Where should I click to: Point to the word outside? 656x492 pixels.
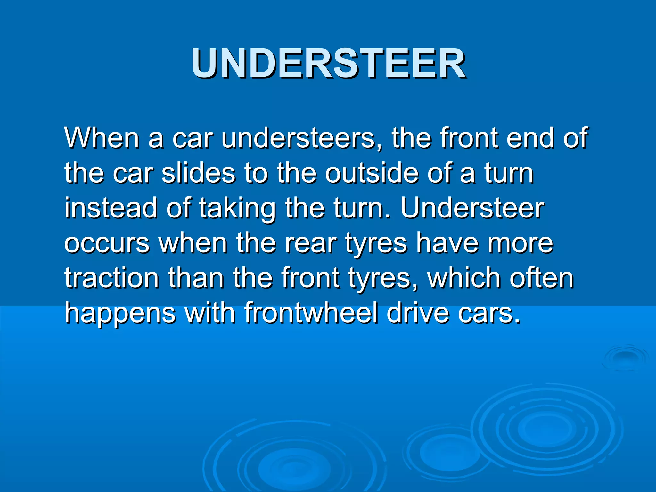pos(372,173)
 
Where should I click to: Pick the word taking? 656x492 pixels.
pos(237,209)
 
